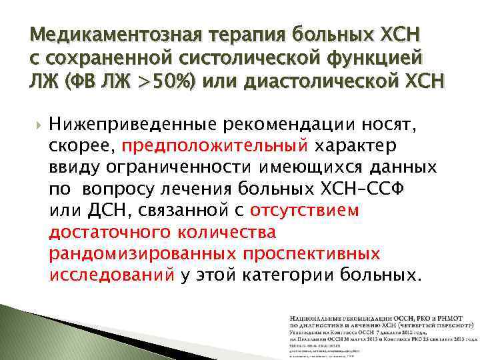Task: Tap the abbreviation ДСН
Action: (x=99, y=210)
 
